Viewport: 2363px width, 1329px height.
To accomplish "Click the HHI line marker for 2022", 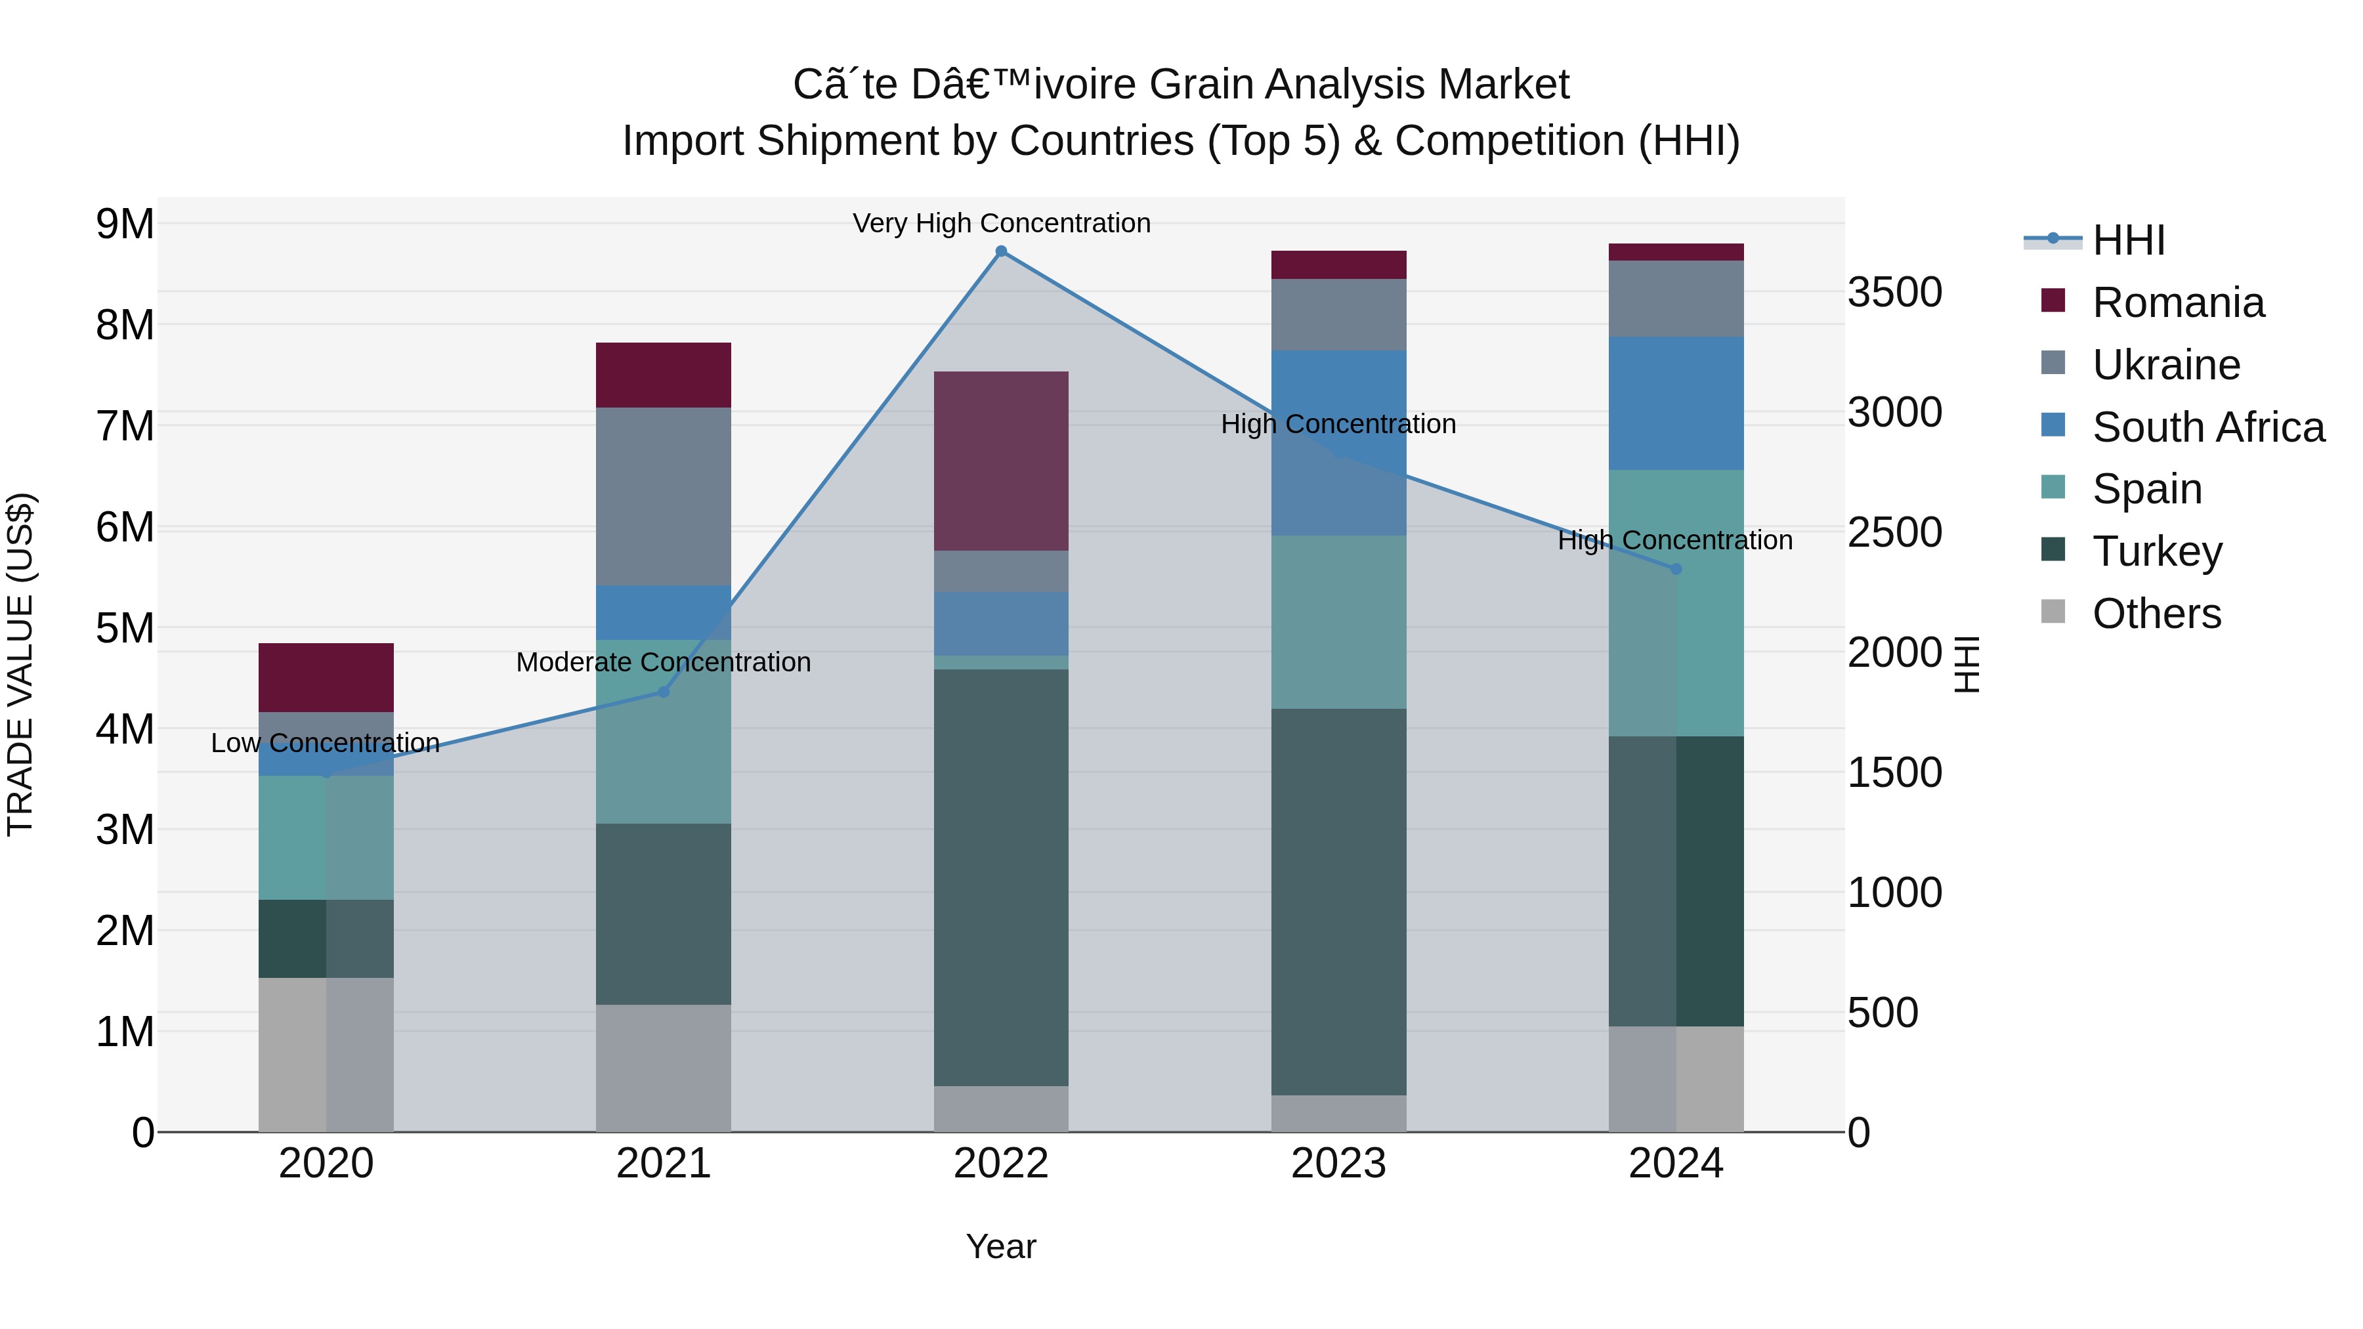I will [x=1001, y=251].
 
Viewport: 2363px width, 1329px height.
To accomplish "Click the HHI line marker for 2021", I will [x=663, y=692].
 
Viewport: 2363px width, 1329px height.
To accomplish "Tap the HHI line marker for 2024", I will [x=1676, y=568].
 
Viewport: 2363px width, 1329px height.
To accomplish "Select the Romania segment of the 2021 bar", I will [x=663, y=375].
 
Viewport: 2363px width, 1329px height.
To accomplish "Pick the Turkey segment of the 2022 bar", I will [x=1001, y=877].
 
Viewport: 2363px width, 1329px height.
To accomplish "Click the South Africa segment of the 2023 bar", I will [x=1338, y=443].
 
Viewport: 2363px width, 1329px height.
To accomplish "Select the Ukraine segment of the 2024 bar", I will [x=1676, y=299].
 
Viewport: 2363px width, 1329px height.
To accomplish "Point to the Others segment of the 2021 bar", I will [x=663, y=1068].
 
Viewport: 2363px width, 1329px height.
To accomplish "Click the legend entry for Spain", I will [x=2146, y=489].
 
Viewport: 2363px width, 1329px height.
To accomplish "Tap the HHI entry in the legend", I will [x=2128, y=240].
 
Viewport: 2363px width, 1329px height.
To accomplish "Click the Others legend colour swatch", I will [x=2053, y=612].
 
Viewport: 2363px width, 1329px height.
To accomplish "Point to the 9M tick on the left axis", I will [x=125, y=224].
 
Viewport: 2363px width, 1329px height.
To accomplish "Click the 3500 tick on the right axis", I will [x=1894, y=293].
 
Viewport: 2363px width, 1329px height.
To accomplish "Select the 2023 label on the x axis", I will [x=1338, y=1164].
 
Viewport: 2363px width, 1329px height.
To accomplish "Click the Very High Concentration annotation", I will [x=1001, y=223].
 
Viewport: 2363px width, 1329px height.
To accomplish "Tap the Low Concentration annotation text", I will [x=325, y=743].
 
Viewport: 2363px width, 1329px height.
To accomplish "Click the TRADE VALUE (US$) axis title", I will [x=21, y=664].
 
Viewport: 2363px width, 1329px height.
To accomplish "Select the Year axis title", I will [x=1001, y=1246].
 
